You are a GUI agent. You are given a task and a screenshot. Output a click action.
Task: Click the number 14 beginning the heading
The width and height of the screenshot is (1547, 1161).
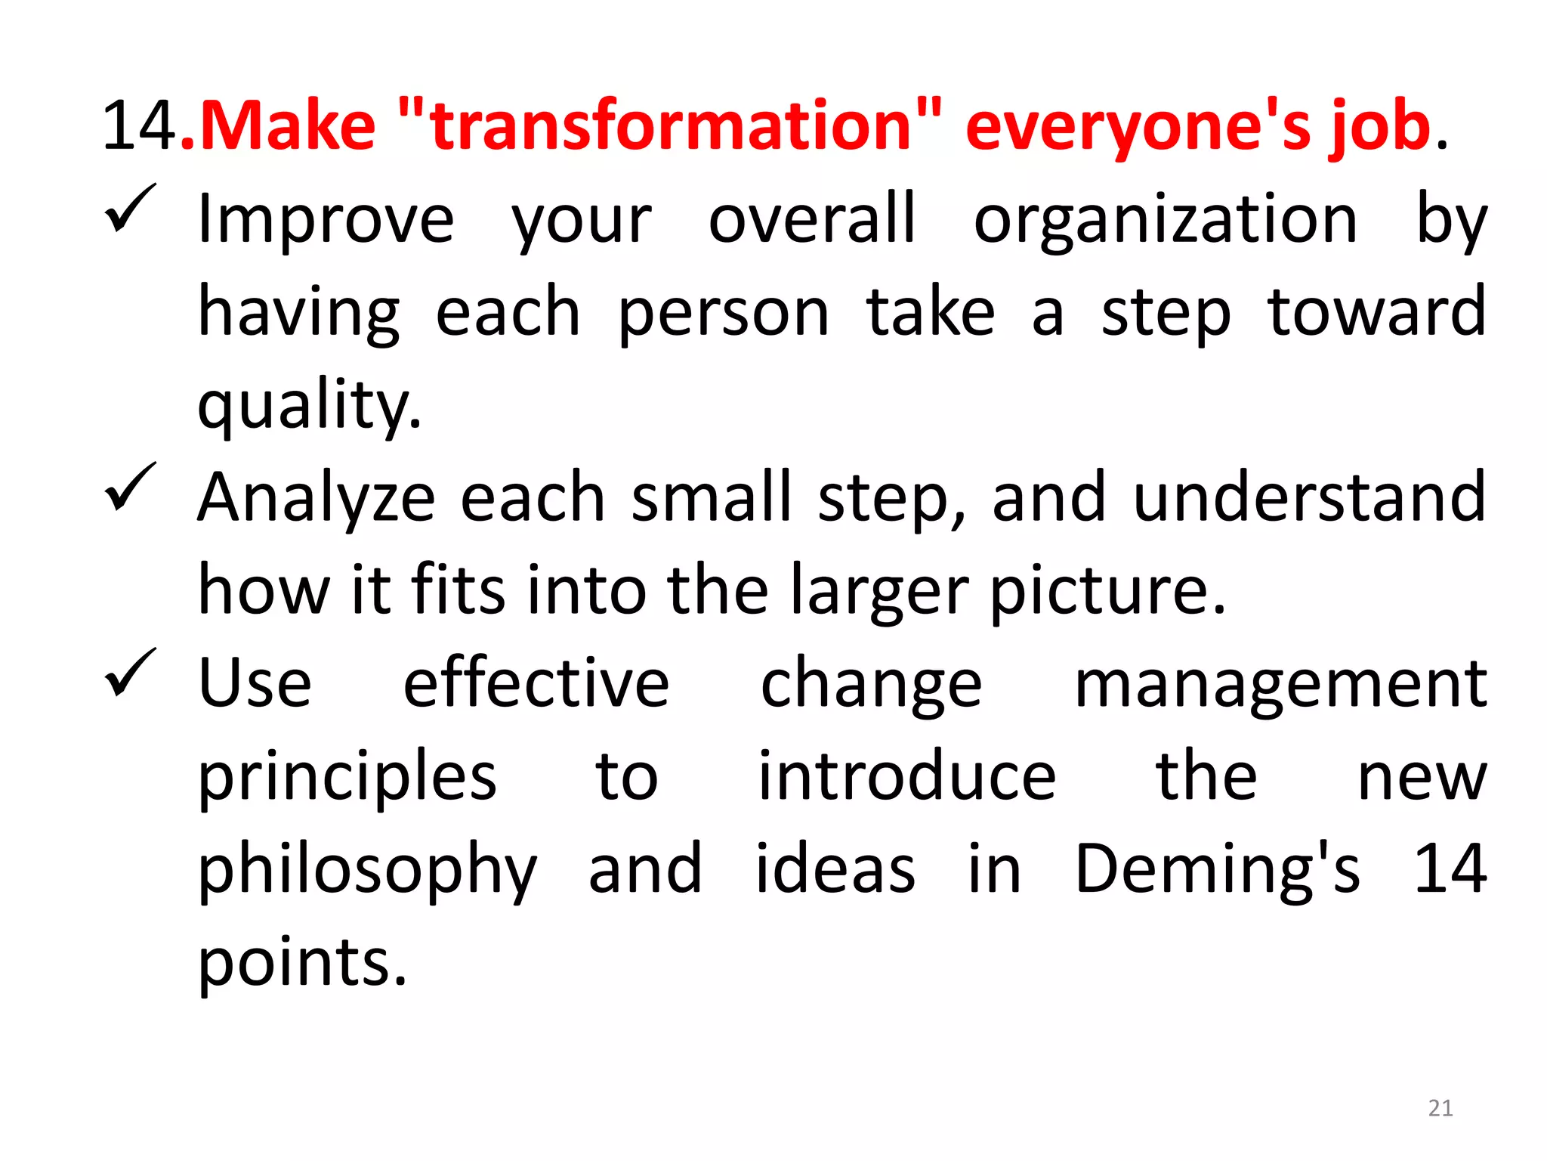tap(140, 126)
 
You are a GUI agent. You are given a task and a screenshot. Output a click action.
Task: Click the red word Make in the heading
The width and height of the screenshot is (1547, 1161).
tap(287, 126)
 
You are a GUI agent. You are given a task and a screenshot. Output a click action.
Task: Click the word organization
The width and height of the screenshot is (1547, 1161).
tap(1166, 221)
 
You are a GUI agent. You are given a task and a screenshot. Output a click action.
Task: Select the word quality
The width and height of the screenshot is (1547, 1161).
tap(308, 406)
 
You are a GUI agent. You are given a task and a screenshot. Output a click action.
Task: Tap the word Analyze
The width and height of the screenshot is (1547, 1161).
tap(317, 499)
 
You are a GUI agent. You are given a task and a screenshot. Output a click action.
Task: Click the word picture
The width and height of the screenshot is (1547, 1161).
tap(1107, 592)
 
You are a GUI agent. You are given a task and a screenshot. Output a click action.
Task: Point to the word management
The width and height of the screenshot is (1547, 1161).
tap(1280, 685)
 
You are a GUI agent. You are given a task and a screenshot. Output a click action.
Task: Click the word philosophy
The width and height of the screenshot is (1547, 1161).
tap(367, 872)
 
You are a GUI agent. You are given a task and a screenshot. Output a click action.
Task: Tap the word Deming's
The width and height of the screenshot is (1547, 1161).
tap(1217, 870)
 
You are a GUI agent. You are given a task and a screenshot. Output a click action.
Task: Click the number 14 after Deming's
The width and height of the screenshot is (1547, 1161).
tap(1450, 870)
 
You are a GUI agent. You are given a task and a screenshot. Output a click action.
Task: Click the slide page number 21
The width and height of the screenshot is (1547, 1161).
tap(1440, 1108)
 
